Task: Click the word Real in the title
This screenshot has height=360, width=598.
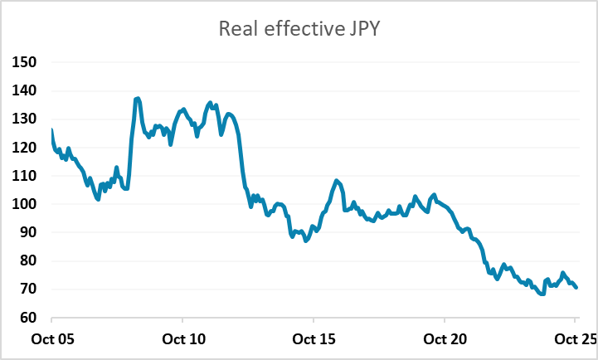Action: pyautogui.click(x=236, y=29)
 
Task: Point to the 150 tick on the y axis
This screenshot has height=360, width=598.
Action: pyautogui.click(x=25, y=62)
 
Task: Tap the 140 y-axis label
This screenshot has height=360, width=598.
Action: pyautogui.click(x=25, y=90)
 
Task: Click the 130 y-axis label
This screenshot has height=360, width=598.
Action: pyautogui.click(x=25, y=119)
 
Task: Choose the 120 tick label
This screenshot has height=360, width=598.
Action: pyautogui.click(x=25, y=147)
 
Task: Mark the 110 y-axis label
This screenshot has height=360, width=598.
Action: pyautogui.click(x=25, y=175)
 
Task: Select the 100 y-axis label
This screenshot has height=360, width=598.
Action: pyautogui.click(x=25, y=204)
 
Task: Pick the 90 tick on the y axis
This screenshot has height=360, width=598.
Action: pyautogui.click(x=28, y=232)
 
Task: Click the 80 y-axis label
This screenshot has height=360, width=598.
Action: pyautogui.click(x=28, y=260)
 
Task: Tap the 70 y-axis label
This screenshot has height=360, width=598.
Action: pyautogui.click(x=28, y=289)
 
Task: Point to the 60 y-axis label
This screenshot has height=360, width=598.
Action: pyautogui.click(x=28, y=317)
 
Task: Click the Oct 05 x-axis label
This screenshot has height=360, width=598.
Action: pyautogui.click(x=51, y=338)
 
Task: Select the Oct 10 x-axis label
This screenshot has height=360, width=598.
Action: pyautogui.click(x=182, y=338)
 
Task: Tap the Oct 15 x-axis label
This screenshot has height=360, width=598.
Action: pyautogui.click(x=314, y=338)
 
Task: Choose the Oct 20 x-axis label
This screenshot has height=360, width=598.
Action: pyautogui.click(x=445, y=338)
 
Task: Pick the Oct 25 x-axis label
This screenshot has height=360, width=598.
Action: pyautogui.click(x=574, y=338)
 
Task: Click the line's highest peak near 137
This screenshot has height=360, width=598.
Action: pyautogui.click(x=137, y=99)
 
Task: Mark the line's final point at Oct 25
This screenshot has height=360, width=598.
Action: pyautogui.click(x=576, y=288)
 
